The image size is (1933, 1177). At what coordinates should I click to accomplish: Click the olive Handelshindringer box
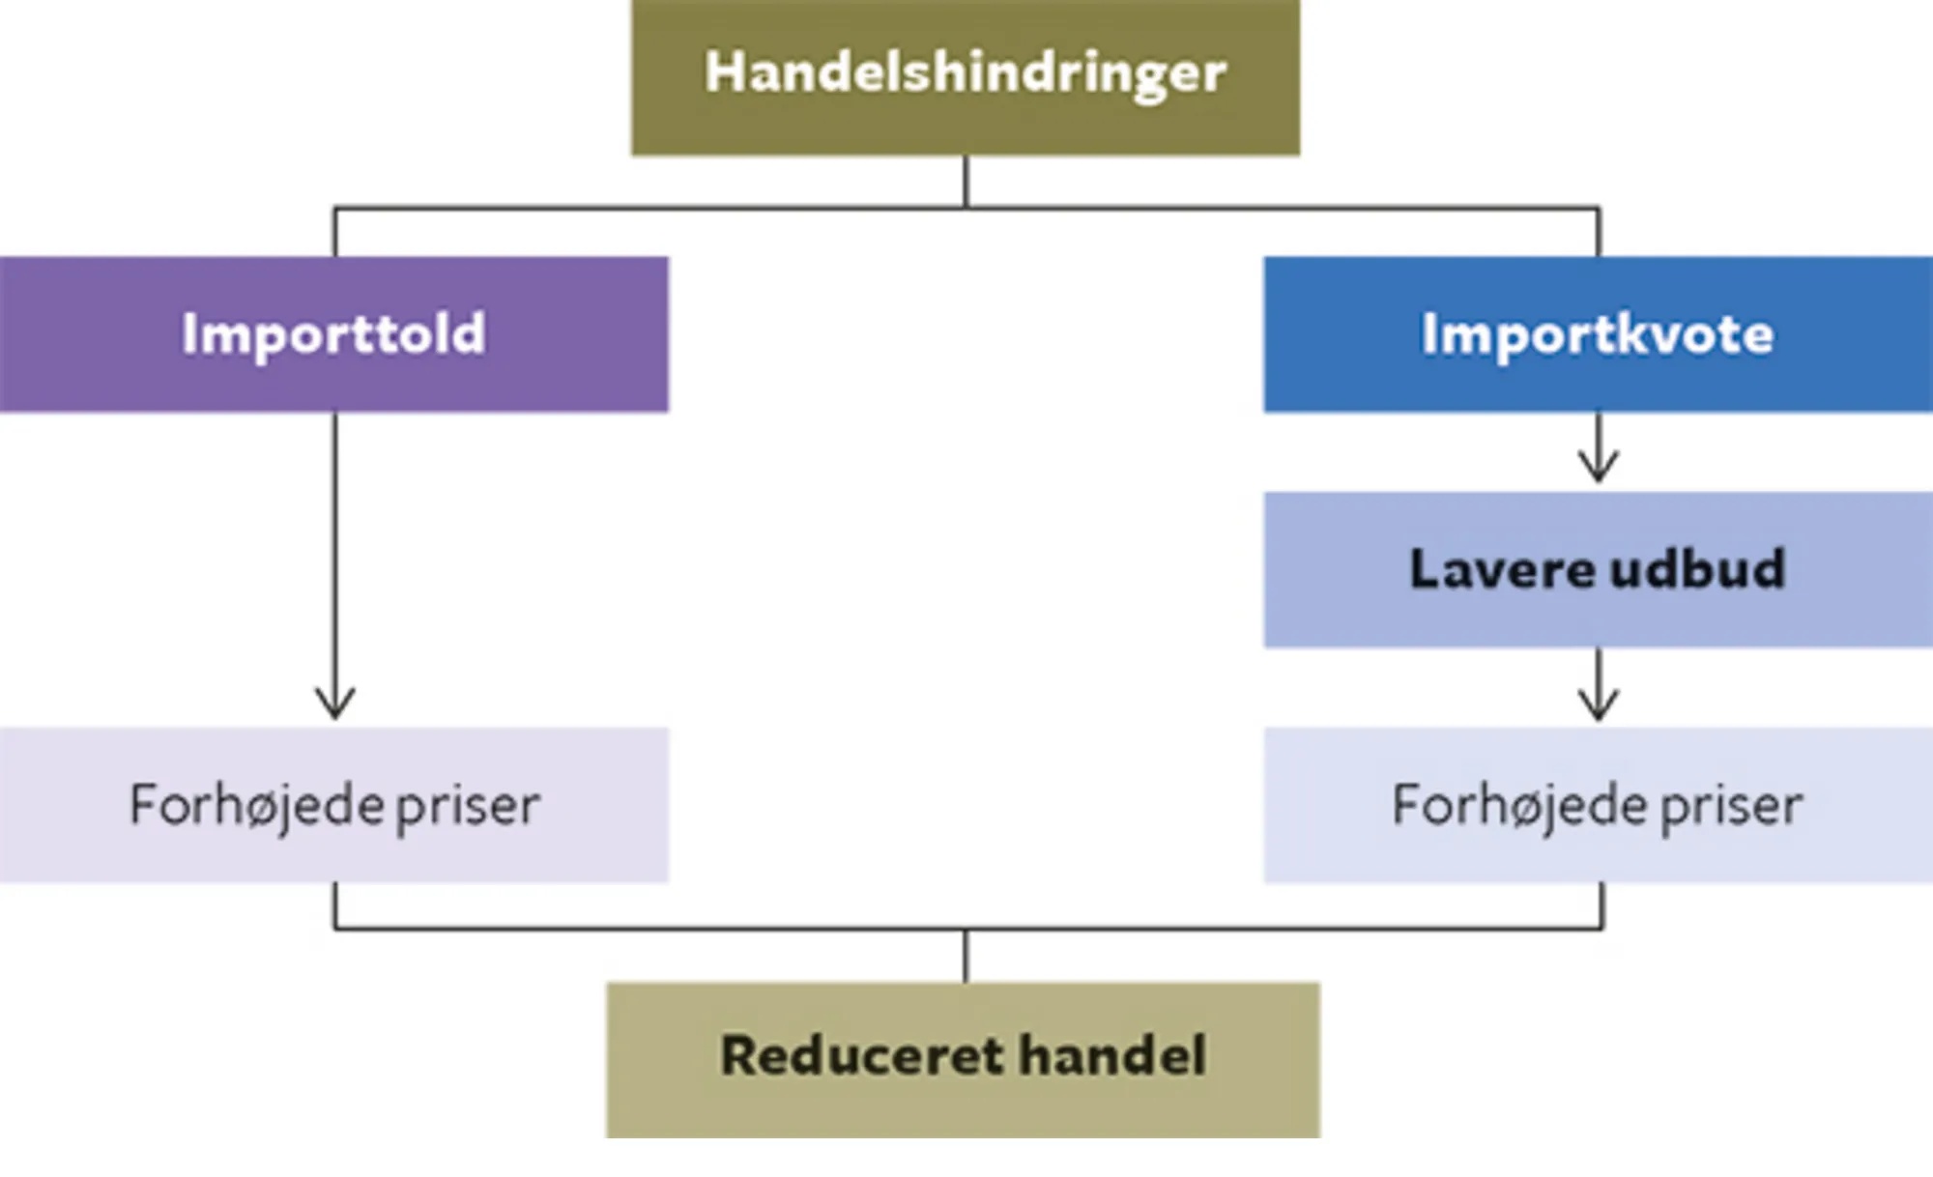click(965, 77)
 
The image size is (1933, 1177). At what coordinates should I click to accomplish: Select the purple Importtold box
click(333, 334)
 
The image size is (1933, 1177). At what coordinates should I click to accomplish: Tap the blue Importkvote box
click(1598, 334)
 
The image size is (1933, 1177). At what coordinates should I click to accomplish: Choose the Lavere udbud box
click(1598, 569)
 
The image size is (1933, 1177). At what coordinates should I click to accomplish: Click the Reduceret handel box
click(963, 1059)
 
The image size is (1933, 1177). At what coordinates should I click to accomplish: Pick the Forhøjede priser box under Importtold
click(333, 805)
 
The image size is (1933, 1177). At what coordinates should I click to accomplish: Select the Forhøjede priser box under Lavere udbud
click(1598, 805)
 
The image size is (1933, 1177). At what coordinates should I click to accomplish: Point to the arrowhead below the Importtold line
click(334, 703)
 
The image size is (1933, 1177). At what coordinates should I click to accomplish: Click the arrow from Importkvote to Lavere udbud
click(1599, 450)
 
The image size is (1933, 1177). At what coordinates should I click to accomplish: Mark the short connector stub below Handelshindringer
click(965, 181)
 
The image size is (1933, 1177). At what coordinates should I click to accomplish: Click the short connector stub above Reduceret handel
click(965, 956)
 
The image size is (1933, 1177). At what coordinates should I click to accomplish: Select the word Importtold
click(333, 334)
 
